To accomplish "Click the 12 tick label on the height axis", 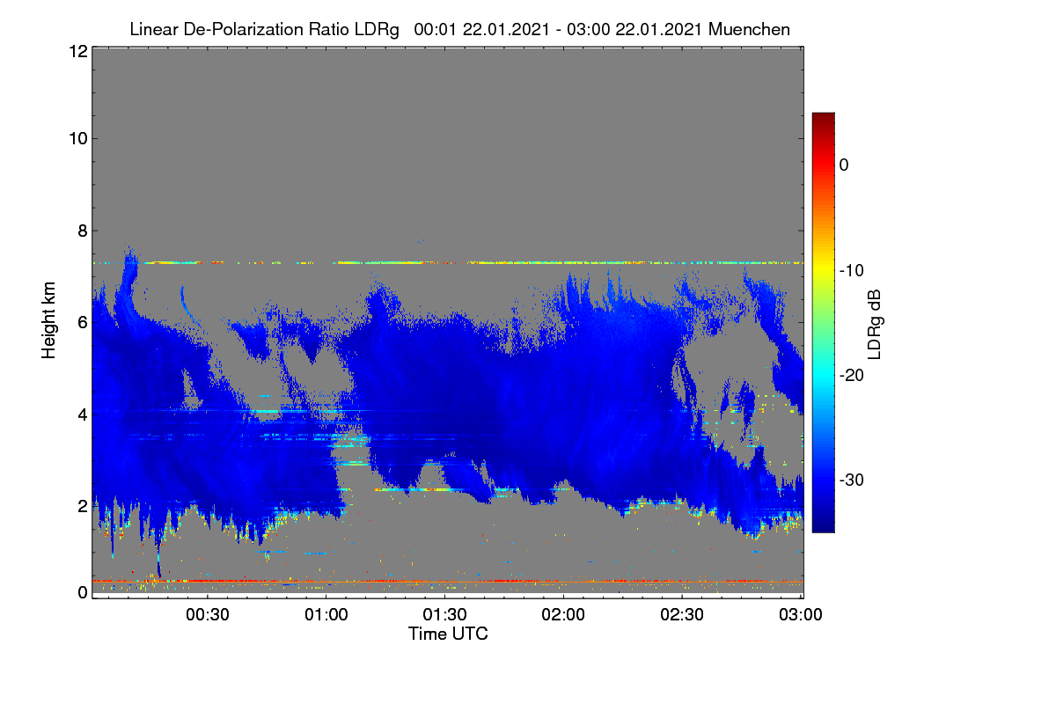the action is click(x=78, y=51).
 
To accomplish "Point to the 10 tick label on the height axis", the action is click(x=78, y=139).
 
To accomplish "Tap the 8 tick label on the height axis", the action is click(x=83, y=231).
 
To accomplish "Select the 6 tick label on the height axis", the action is click(x=83, y=323).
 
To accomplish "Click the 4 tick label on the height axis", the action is click(x=83, y=414).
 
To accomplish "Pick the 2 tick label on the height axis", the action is click(x=83, y=506).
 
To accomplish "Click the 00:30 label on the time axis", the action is click(x=208, y=614).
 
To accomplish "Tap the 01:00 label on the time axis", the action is click(x=326, y=614).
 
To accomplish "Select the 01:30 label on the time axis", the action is click(x=444, y=614).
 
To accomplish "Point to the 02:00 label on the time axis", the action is click(x=563, y=614).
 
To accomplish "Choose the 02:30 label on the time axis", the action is click(x=682, y=614).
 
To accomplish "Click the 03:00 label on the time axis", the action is click(x=801, y=614).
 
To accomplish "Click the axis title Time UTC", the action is click(x=448, y=634).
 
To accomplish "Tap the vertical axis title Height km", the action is click(x=48, y=320).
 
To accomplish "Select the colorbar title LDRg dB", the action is click(x=875, y=325).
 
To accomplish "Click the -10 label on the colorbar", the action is click(x=852, y=271).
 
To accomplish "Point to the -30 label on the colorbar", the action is click(x=852, y=480).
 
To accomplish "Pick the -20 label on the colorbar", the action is click(x=852, y=376).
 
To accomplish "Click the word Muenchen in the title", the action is click(x=749, y=29).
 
